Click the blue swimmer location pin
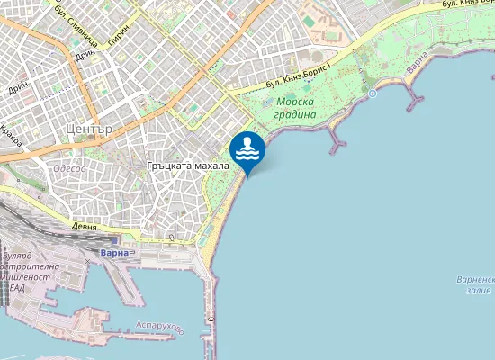point(247,150)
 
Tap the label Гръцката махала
point(190,166)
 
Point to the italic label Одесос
point(71,166)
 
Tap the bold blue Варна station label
point(115,253)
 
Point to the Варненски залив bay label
point(473,285)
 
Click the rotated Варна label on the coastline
point(416,62)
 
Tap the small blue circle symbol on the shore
point(372,93)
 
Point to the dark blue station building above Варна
point(113,242)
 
